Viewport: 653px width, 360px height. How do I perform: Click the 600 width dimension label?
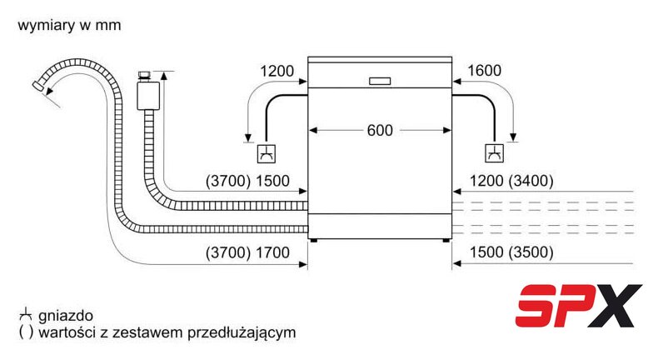click(380, 130)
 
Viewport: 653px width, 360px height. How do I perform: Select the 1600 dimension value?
click(484, 71)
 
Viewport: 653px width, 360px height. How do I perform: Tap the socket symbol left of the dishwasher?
click(267, 153)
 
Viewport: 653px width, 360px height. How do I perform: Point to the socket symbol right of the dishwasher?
click(495, 153)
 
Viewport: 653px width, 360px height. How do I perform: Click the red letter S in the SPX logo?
click(537, 305)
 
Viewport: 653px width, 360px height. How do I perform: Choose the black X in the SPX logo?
click(616, 305)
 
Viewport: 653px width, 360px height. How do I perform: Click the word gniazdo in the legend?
click(65, 316)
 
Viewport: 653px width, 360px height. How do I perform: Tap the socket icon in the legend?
click(25, 315)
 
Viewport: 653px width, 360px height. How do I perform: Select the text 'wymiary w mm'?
click(70, 25)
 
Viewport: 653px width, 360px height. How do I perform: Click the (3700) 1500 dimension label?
click(247, 181)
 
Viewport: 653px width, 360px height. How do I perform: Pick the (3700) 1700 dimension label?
click(247, 252)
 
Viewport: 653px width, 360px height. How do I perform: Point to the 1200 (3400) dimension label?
click(511, 181)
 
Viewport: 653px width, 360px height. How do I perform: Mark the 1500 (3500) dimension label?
click(511, 252)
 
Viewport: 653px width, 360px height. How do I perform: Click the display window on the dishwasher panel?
click(380, 81)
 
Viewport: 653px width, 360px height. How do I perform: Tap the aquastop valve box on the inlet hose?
click(148, 96)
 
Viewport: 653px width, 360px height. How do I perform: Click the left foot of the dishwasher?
click(313, 240)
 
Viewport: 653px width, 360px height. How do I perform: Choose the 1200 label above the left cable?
click(277, 71)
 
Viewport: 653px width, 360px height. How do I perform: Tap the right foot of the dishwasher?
click(446, 240)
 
